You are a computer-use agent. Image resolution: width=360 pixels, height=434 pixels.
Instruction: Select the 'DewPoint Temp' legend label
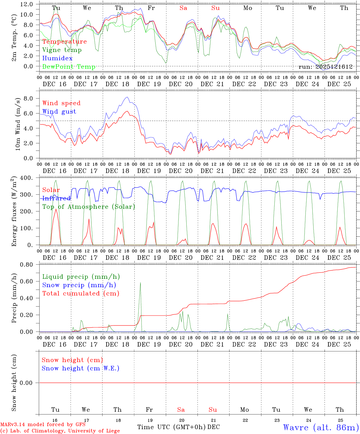(69, 67)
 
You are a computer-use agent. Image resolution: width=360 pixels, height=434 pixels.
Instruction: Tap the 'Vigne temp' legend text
(62, 50)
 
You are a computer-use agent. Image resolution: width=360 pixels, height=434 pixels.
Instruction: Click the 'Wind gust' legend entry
(59, 112)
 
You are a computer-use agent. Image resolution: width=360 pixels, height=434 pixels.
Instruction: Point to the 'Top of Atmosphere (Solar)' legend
(88, 207)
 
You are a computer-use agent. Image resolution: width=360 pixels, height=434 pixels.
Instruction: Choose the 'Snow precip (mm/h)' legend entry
(79, 285)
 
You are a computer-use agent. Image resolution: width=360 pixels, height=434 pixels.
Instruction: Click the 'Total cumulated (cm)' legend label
(81, 293)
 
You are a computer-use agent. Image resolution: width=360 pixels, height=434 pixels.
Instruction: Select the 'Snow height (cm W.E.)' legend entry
(80, 368)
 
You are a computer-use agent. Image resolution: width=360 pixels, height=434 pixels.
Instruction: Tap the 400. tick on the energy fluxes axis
(27, 178)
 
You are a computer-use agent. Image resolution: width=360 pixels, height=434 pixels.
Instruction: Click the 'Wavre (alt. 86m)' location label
(321, 427)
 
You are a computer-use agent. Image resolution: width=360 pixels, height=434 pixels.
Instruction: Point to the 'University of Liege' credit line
(60, 431)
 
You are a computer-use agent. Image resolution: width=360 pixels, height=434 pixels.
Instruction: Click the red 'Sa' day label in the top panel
(183, 8)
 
